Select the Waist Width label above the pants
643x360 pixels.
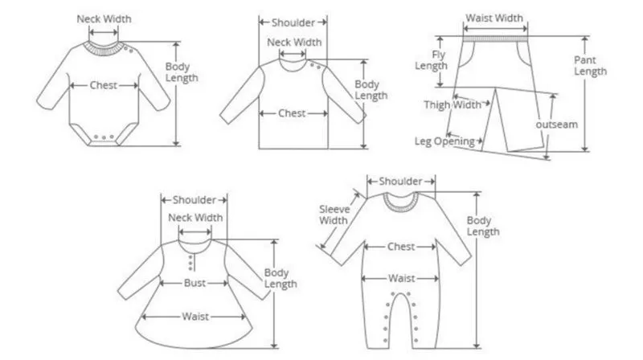pyautogui.click(x=495, y=18)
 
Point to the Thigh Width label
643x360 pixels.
pyautogui.click(x=453, y=104)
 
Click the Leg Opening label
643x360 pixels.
pyautogui.click(x=444, y=141)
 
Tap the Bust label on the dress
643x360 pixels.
pyautogui.click(x=194, y=284)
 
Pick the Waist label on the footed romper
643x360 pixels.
pyautogui.click(x=401, y=278)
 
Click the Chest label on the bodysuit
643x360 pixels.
pyautogui.click(x=104, y=84)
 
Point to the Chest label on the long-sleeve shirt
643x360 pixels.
pyautogui.click(x=292, y=113)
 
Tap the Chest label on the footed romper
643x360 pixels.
pyautogui.click(x=401, y=247)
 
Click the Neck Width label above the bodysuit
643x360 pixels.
pyautogui.click(x=104, y=18)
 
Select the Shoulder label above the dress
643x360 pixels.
pyautogui.click(x=194, y=200)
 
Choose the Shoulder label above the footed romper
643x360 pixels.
pyautogui.click(x=401, y=182)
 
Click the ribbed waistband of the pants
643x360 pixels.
pyautogui.click(x=495, y=35)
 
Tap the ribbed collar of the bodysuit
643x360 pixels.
pyautogui.click(x=105, y=46)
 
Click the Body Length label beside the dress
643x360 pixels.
pyautogui.click(x=281, y=278)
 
